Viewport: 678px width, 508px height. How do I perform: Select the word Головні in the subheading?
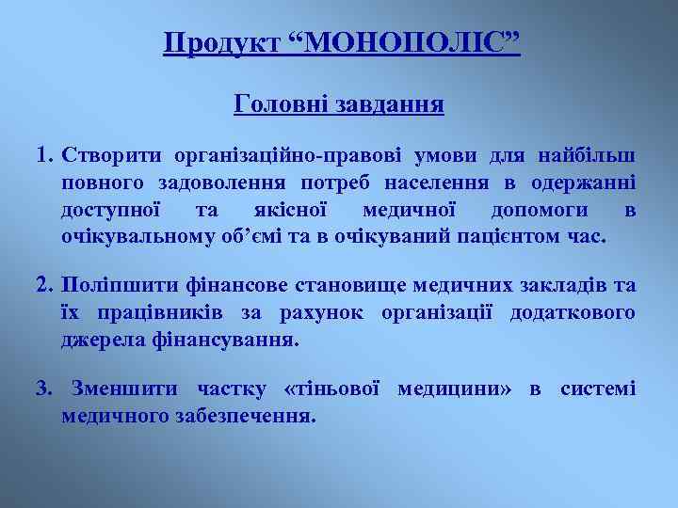[x=278, y=103]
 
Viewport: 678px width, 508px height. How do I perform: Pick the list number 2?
[x=43, y=285]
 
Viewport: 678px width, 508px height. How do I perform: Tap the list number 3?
[x=43, y=389]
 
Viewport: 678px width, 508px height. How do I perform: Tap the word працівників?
[x=146, y=311]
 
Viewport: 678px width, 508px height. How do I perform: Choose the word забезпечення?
[x=256, y=415]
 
